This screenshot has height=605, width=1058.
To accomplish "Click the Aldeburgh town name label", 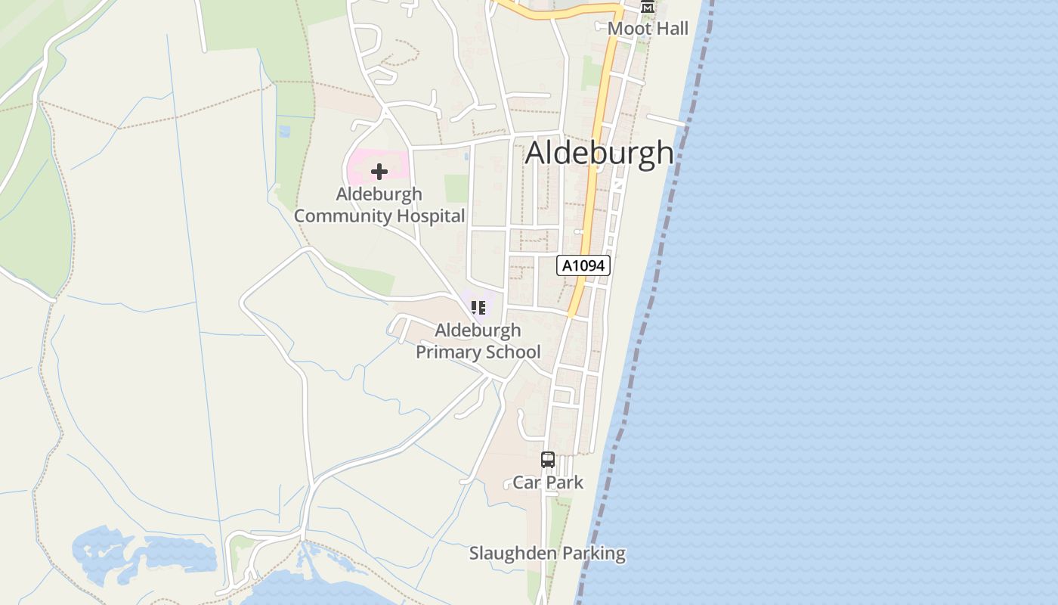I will point(599,153).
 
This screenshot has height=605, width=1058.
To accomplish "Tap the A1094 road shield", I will point(583,265).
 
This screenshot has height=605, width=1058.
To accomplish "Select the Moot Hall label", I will point(648,29).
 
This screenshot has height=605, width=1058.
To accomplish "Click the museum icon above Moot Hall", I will point(647,7).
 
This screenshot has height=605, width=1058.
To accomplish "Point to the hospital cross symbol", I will point(379,172).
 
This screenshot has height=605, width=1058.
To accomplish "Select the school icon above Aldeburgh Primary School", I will point(478,307).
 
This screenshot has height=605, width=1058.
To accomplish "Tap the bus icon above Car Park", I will point(547,459).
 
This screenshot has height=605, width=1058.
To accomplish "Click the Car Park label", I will point(548,482).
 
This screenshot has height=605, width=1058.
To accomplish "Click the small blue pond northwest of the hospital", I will point(284,132).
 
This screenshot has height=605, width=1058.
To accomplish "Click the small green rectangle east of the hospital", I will point(456,188).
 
